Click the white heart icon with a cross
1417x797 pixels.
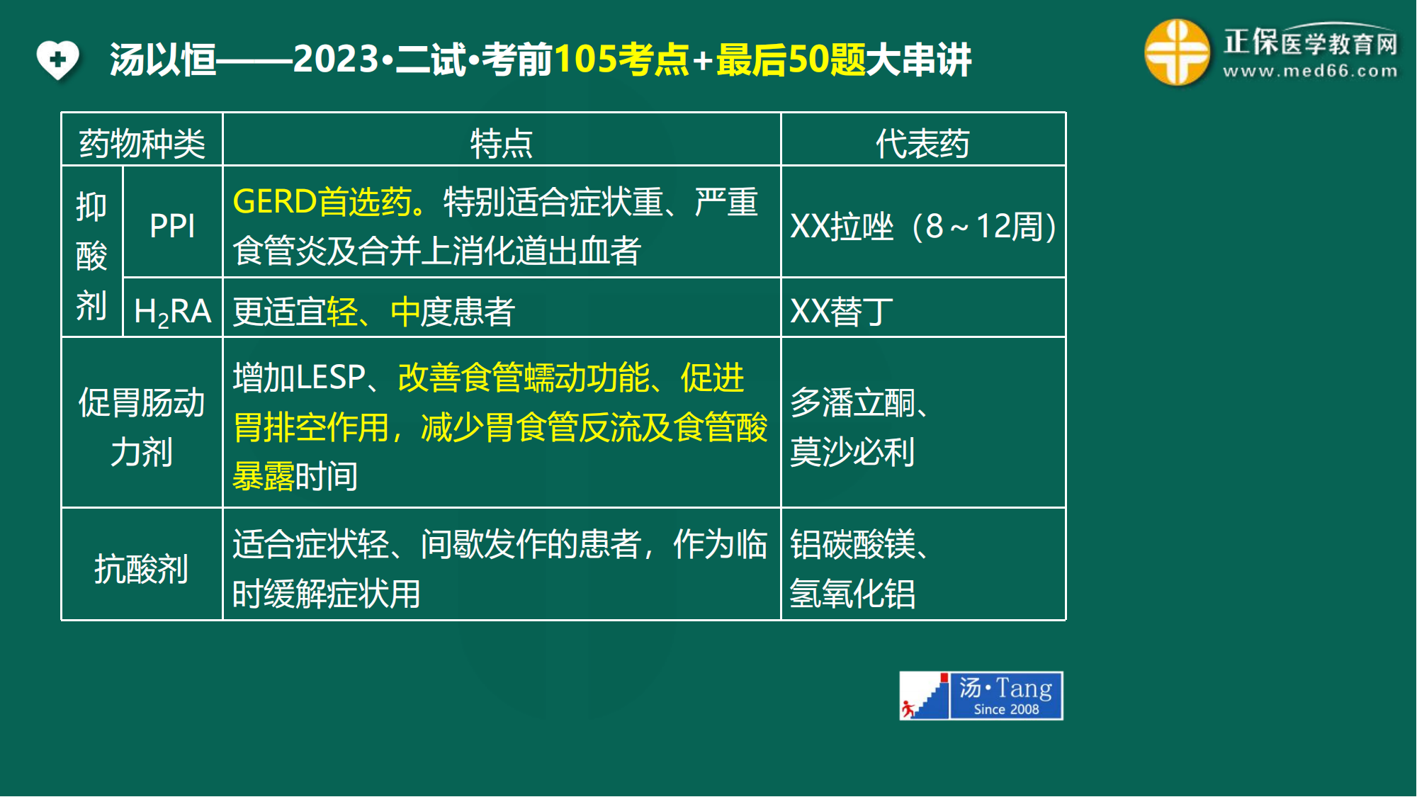[x=58, y=60]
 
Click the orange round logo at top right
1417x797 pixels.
[x=1177, y=52]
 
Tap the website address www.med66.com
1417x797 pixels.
[x=1310, y=71]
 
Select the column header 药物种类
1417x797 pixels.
[x=142, y=144]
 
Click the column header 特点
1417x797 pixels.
[x=502, y=144]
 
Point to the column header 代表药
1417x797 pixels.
[x=922, y=144]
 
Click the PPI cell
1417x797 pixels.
[x=172, y=226]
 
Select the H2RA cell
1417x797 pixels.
[x=172, y=312]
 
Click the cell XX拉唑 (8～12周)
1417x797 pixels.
[x=923, y=227]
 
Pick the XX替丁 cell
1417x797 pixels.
[x=842, y=312]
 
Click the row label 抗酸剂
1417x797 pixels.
[x=142, y=569]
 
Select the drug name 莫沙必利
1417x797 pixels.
[x=852, y=452]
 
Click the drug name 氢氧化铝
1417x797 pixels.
[x=852, y=594]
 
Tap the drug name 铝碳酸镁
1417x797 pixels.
[x=852, y=544]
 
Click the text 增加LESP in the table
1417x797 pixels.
[x=299, y=377]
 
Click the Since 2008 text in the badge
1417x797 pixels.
[x=1006, y=709]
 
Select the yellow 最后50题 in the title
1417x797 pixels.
[x=791, y=59]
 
